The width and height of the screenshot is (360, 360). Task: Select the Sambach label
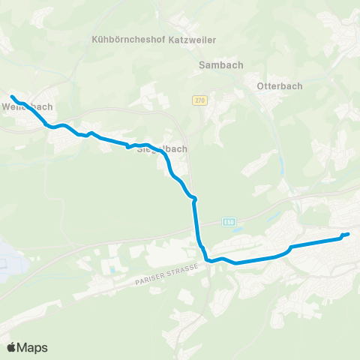click(x=221, y=65)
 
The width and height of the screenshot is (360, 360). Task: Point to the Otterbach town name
click(x=279, y=85)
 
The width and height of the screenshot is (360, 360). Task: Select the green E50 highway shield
click(x=228, y=221)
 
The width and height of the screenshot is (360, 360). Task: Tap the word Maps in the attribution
click(x=33, y=347)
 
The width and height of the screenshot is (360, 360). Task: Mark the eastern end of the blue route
click(x=348, y=235)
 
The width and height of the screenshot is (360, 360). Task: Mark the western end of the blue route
click(x=12, y=96)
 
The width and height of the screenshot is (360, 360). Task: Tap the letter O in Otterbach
click(x=259, y=85)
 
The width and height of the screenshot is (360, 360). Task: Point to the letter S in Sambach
click(x=202, y=65)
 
